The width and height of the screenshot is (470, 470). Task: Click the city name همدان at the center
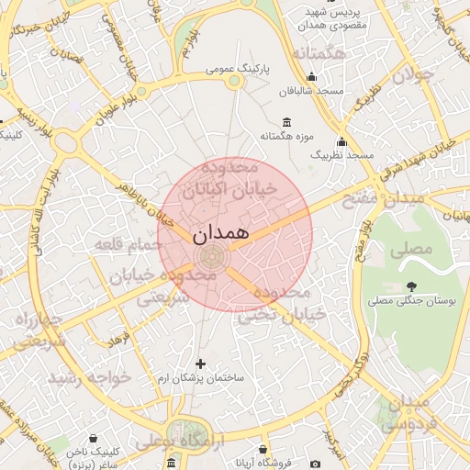[x=221, y=234]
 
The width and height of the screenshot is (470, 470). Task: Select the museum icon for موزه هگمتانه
[x=287, y=123]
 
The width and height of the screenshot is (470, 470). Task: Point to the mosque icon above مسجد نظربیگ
[x=341, y=142]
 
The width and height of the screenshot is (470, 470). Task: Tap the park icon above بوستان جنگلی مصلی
[x=410, y=286]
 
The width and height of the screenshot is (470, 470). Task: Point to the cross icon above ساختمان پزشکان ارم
[x=200, y=364]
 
